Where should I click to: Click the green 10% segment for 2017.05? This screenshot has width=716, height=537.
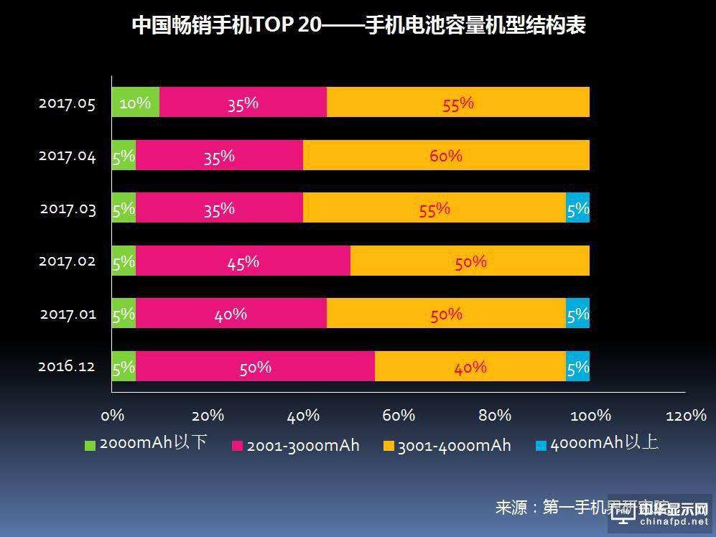pos(135,103)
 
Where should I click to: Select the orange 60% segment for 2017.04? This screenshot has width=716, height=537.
pos(446,155)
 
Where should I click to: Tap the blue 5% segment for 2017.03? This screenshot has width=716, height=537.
pos(578,208)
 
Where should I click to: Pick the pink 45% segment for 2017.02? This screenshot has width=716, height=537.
pos(243,261)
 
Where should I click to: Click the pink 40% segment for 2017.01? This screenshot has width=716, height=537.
pos(231,314)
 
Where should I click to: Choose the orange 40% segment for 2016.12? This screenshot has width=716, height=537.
pos(470,367)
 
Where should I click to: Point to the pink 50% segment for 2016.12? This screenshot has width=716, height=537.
pos(255,367)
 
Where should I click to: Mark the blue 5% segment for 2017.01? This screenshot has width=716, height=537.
pos(578,314)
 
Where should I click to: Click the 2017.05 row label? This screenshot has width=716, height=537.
pos(67,103)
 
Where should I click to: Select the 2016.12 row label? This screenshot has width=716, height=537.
pos(67,367)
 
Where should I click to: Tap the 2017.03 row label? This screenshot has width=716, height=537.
pos(67,209)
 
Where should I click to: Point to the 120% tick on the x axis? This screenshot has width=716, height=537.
pos(686,416)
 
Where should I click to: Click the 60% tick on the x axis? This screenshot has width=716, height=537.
pos(399,416)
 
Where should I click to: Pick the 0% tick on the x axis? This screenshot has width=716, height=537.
pos(113,416)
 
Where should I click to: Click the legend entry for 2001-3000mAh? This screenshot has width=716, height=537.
pos(295,446)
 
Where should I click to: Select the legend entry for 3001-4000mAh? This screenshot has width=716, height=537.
pos(447,446)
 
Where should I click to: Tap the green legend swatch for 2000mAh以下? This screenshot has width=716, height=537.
pos(90,446)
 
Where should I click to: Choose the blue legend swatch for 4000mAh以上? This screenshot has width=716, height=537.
pos(541,446)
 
